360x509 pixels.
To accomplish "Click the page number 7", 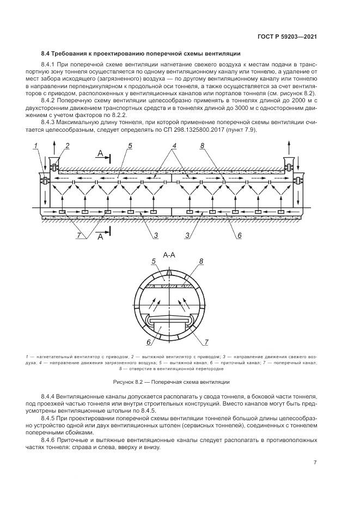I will [315, 462].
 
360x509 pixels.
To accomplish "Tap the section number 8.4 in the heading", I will [46, 54].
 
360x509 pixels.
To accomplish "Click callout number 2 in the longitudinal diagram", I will [68, 146].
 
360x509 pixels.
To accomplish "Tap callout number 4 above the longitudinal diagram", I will [174, 146].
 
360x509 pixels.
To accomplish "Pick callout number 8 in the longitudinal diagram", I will [202, 146].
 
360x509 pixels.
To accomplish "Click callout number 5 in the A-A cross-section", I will [154, 262].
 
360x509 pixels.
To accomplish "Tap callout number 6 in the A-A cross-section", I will [148, 342].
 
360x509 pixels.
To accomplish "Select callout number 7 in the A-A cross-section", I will [206, 342].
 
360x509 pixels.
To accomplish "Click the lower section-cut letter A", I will [100, 237].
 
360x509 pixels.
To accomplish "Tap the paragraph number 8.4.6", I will [50, 439].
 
